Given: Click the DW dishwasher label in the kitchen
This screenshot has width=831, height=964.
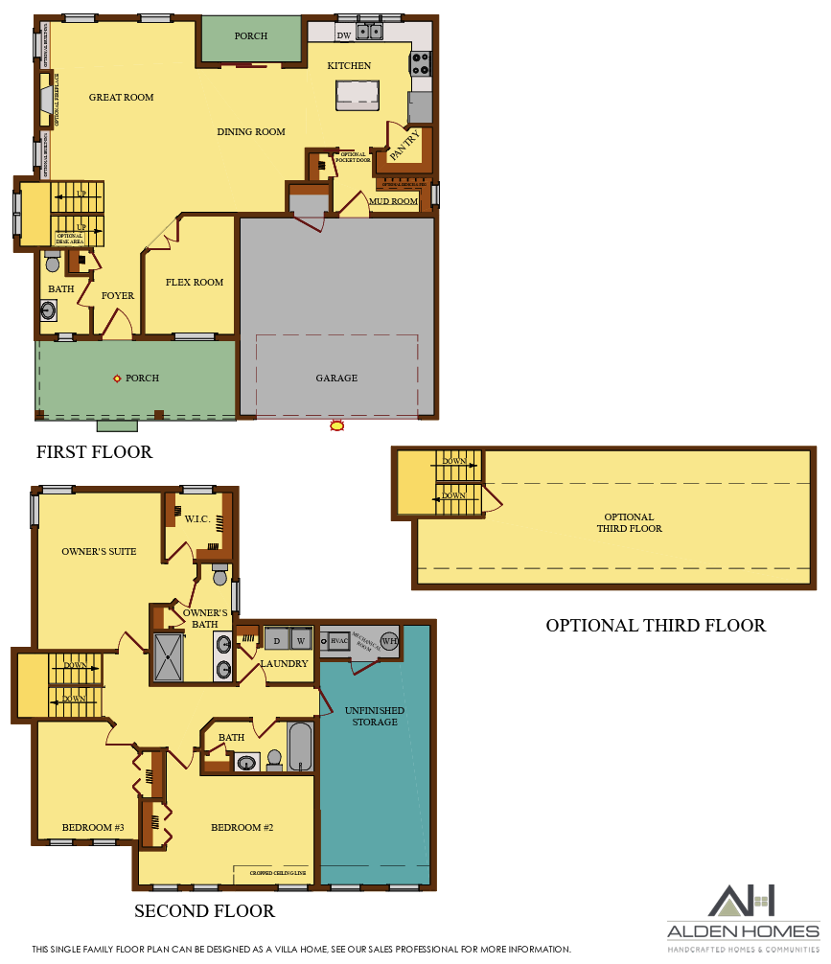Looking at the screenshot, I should click(x=343, y=36).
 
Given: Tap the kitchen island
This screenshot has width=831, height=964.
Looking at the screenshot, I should click(x=358, y=93).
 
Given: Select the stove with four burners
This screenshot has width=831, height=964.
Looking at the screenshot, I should click(x=420, y=63).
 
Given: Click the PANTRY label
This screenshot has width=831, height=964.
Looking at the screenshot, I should click(x=404, y=145).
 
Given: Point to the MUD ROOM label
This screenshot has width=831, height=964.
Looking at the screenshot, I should click(x=394, y=202).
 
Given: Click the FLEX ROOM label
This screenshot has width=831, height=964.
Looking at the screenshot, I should click(x=195, y=283).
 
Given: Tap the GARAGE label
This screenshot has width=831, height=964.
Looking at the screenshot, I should click(x=336, y=379).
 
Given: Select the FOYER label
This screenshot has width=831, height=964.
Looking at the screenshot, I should click(x=118, y=296).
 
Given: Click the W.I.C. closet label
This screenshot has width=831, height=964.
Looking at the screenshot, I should click(x=197, y=519).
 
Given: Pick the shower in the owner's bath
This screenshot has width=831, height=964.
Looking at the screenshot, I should click(x=168, y=656).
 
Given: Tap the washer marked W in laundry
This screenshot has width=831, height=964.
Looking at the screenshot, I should click(x=300, y=639).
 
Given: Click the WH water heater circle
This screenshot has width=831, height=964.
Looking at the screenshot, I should click(x=389, y=640).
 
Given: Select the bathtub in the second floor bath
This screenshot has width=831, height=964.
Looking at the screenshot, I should click(x=300, y=747).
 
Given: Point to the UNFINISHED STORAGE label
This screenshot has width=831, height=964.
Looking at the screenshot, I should click(x=374, y=716).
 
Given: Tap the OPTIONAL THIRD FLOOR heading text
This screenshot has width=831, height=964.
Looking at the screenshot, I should click(x=656, y=626).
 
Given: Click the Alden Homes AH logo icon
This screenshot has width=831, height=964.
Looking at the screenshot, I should click(x=742, y=902).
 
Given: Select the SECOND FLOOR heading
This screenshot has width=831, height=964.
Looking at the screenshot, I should click(x=204, y=911).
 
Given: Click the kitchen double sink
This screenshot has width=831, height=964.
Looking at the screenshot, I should click(x=369, y=32).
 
